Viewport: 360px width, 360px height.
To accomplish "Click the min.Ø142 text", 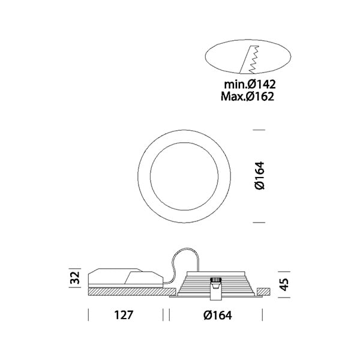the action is click(250, 84).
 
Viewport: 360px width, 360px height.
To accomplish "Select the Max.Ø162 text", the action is click(247, 97).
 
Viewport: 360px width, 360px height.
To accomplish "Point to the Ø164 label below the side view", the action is click(218, 315).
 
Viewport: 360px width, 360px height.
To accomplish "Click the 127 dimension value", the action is click(124, 315).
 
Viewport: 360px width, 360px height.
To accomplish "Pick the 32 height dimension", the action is click(76, 278).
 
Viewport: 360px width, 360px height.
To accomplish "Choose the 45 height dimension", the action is click(284, 284).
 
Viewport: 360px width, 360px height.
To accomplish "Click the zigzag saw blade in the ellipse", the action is click(254, 59).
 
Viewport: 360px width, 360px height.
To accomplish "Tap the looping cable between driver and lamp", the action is click(184, 264).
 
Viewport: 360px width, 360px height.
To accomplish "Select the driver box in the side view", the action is click(126, 278).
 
